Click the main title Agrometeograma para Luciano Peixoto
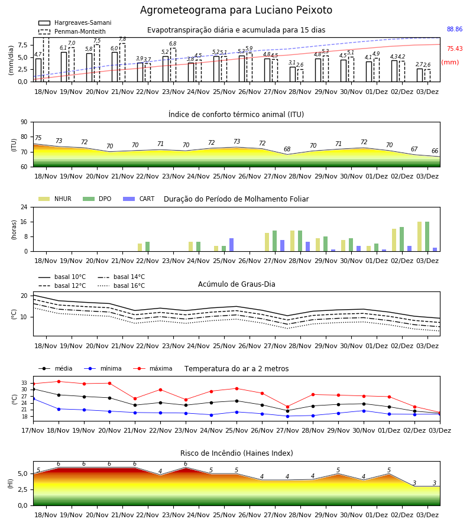[236, 10]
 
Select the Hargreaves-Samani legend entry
[74, 22]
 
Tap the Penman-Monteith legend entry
[72, 31]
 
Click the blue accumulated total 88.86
[455, 29]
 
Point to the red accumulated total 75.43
[455, 48]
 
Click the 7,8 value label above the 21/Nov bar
[122, 39]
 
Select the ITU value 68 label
[287, 149]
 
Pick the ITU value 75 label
[38, 138]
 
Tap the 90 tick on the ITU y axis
[24, 122]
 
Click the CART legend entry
[139, 199]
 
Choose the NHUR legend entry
[55, 199]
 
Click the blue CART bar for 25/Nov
[231, 245]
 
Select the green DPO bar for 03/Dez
[427, 236]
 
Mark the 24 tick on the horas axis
[24, 207]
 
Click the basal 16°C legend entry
[121, 286]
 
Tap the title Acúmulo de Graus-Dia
[237, 284]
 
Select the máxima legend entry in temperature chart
[153, 368]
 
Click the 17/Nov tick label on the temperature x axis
[33, 430]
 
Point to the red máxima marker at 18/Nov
[59, 381]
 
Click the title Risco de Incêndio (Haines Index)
[237, 453]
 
